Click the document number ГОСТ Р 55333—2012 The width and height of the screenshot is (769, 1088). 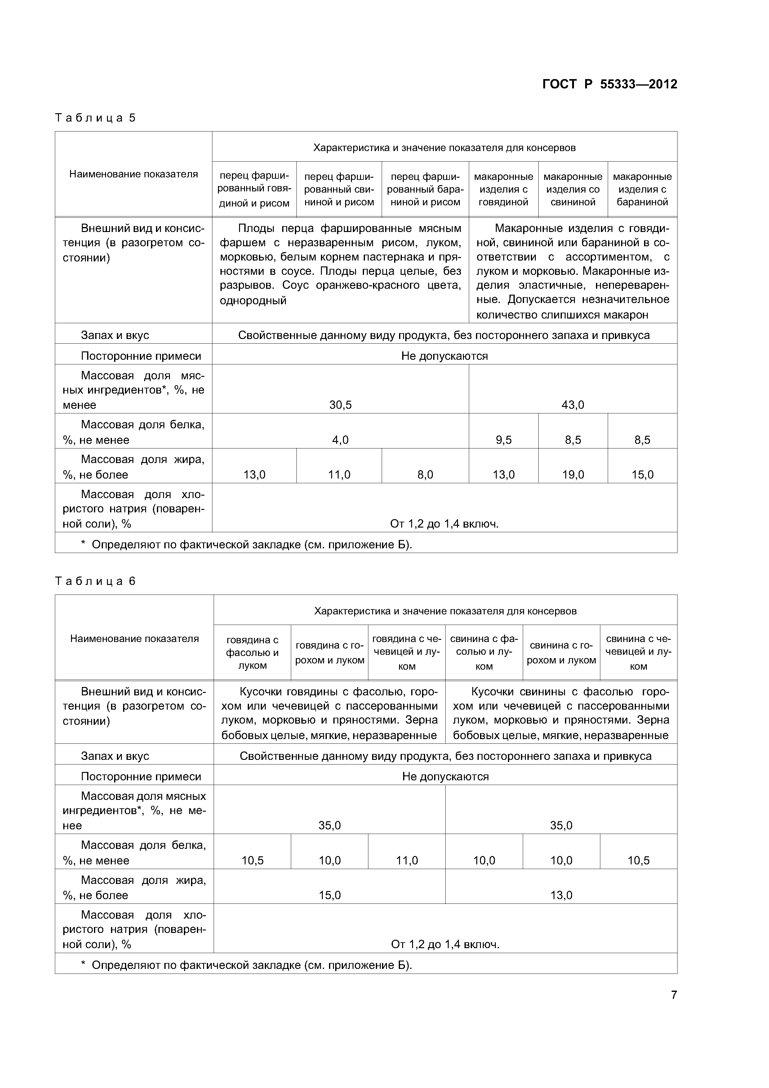tap(609, 84)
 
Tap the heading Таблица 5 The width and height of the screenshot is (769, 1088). tap(95, 118)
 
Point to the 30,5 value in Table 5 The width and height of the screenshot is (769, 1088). tap(340, 405)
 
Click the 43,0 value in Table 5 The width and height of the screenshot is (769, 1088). tap(573, 405)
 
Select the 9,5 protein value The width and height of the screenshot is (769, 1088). tap(503, 440)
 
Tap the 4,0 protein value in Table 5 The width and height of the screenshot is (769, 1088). tap(340, 440)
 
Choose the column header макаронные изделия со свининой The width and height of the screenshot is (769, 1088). tap(573, 189)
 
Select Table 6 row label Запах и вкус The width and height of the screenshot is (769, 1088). tap(115, 756)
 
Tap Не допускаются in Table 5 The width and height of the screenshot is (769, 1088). tap(444, 356)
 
